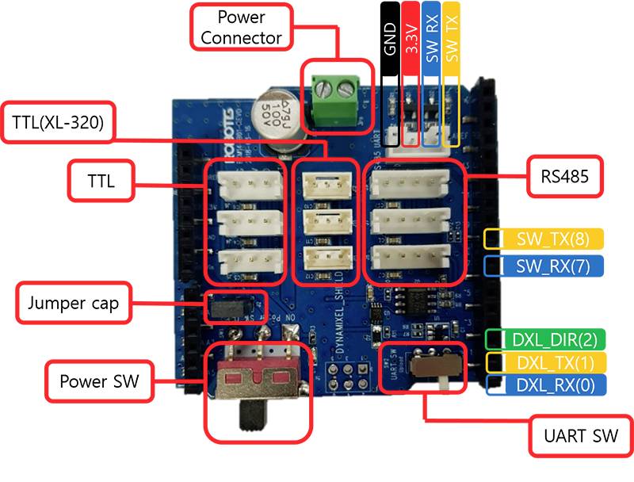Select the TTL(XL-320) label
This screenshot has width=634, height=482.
click(59, 122)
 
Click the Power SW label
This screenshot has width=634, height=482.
click(99, 382)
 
